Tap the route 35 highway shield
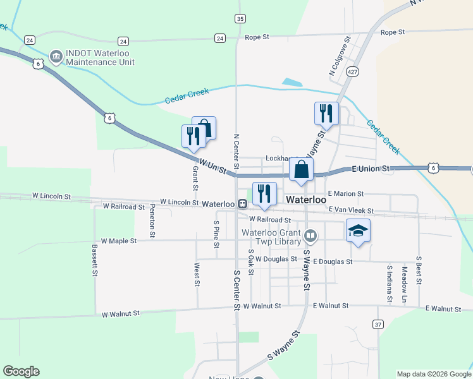[x=239, y=19]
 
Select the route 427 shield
[x=353, y=72]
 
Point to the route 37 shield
[x=378, y=324]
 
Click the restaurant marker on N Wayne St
[x=326, y=114]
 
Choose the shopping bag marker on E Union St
[x=302, y=170]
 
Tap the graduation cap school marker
[x=358, y=231]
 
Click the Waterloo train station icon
[x=243, y=203]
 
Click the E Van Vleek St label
[x=351, y=209]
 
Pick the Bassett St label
[x=94, y=260]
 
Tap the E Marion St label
[x=346, y=194]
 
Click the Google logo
[x=21, y=371]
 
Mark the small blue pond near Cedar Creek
[x=292, y=82]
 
